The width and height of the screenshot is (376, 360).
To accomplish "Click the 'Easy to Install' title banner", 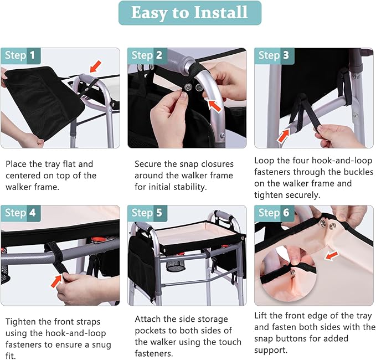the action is pyautogui.click(x=190, y=13).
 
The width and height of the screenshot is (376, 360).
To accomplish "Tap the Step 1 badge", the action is pyautogui.click(x=20, y=56).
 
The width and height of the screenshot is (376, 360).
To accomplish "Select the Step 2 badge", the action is pyautogui.click(x=147, y=56).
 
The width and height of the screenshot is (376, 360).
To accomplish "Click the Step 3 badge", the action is pyautogui.click(x=274, y=56).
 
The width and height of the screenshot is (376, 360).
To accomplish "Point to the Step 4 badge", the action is pyautogui.click(x=20, y=213).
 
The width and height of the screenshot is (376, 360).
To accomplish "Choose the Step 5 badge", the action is pyautogui.click(x=147, y=213).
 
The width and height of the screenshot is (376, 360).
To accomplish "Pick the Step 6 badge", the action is pyautogui.click(x=274, y=213).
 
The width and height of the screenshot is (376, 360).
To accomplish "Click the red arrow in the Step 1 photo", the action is pyautogui.click(x=95, y=66).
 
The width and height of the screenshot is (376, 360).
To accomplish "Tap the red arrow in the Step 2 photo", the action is pyautogui.click(x=214, y=106).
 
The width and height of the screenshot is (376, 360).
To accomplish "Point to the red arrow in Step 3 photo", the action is pyautogui.click(x=284, y=136).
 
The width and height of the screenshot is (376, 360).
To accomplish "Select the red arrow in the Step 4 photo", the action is pyautogui.click(x=56, y=281).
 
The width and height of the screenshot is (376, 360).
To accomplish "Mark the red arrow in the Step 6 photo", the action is pyautogui.click(x=331, y=256).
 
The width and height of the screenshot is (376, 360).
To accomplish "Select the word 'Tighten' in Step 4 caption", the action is pyautogui.click(x=20, y=322).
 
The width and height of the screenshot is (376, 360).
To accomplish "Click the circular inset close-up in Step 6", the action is pyautogui.click(x=288, y=274).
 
